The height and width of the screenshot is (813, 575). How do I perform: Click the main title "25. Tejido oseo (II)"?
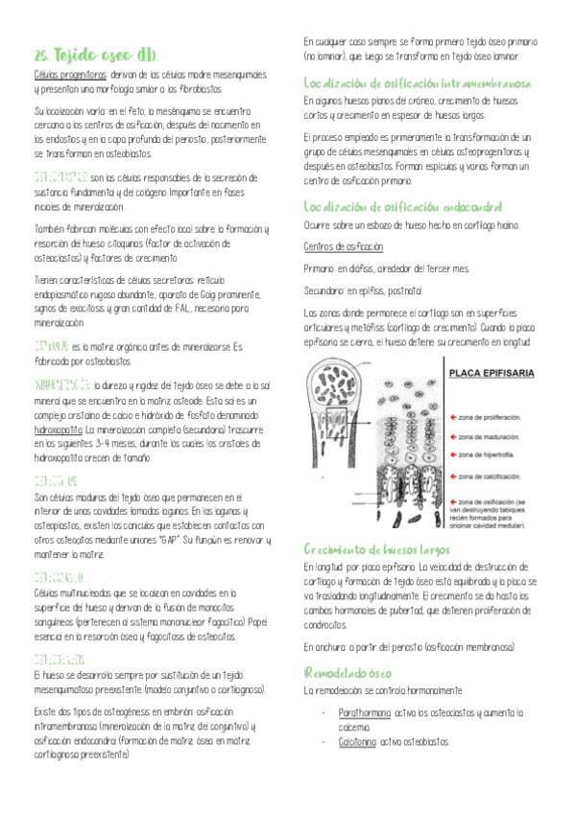click(x=88, y=55)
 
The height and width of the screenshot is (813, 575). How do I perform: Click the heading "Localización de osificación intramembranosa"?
click(x=419, y=83)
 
